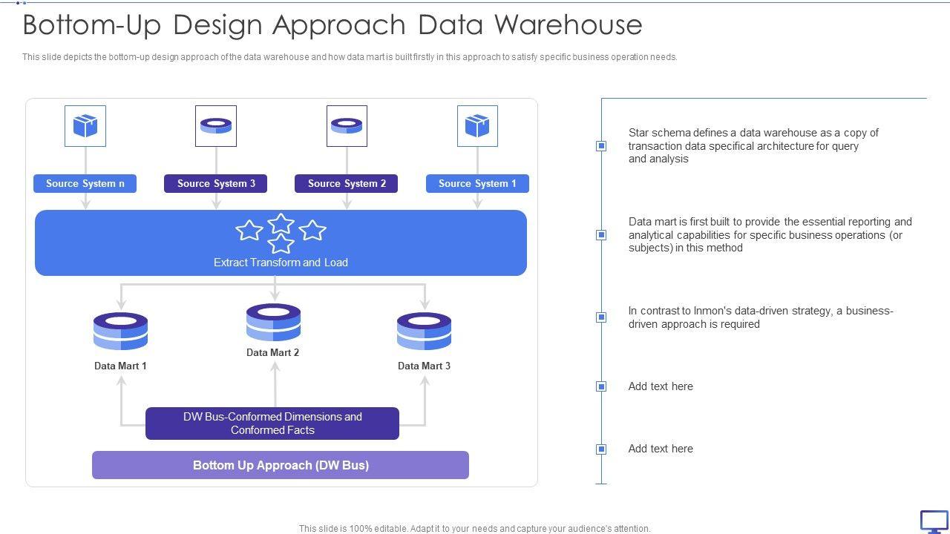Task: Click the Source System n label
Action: coord(85,184)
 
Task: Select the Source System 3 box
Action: coord(215,184)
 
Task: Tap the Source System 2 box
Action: coord(346,184)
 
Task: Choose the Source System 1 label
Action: coord(477,184)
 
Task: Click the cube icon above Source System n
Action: coord(85,126)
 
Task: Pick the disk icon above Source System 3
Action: coord(216,126)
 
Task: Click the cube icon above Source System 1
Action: coord(477,126)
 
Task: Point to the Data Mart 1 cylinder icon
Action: coord(120,332)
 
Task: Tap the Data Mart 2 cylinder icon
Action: coord(273,323)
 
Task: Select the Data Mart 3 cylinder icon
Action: coord(424,332)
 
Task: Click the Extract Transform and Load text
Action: coord(281,263)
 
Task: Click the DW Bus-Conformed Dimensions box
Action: coord(272,423)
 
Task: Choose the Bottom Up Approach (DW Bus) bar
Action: coord(281,465)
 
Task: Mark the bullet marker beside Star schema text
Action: coord(601,146)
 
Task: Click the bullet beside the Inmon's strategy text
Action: coord(601,317)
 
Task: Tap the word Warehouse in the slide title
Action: coord(568,24)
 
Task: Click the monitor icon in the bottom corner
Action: coord(934,521)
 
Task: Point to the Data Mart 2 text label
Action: coord(273,353)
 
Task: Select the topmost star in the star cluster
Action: coord(281,223)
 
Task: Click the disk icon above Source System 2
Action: coord(347,126)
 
